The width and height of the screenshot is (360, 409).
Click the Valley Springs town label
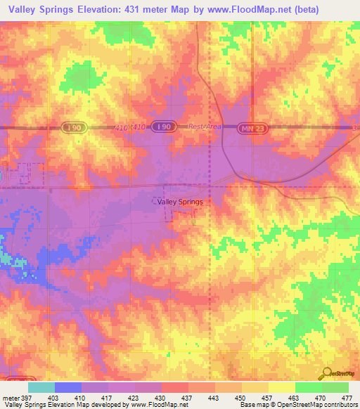click(180, 202)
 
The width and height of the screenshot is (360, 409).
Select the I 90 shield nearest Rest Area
click(164, 126)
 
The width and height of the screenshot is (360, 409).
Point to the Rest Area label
click(205, 126)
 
